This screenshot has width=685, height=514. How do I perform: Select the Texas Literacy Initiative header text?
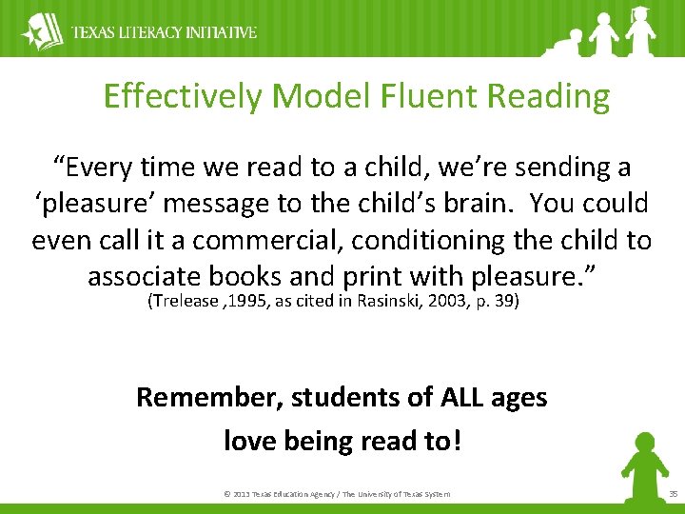(165, 32)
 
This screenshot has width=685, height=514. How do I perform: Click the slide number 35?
(673, 493)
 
